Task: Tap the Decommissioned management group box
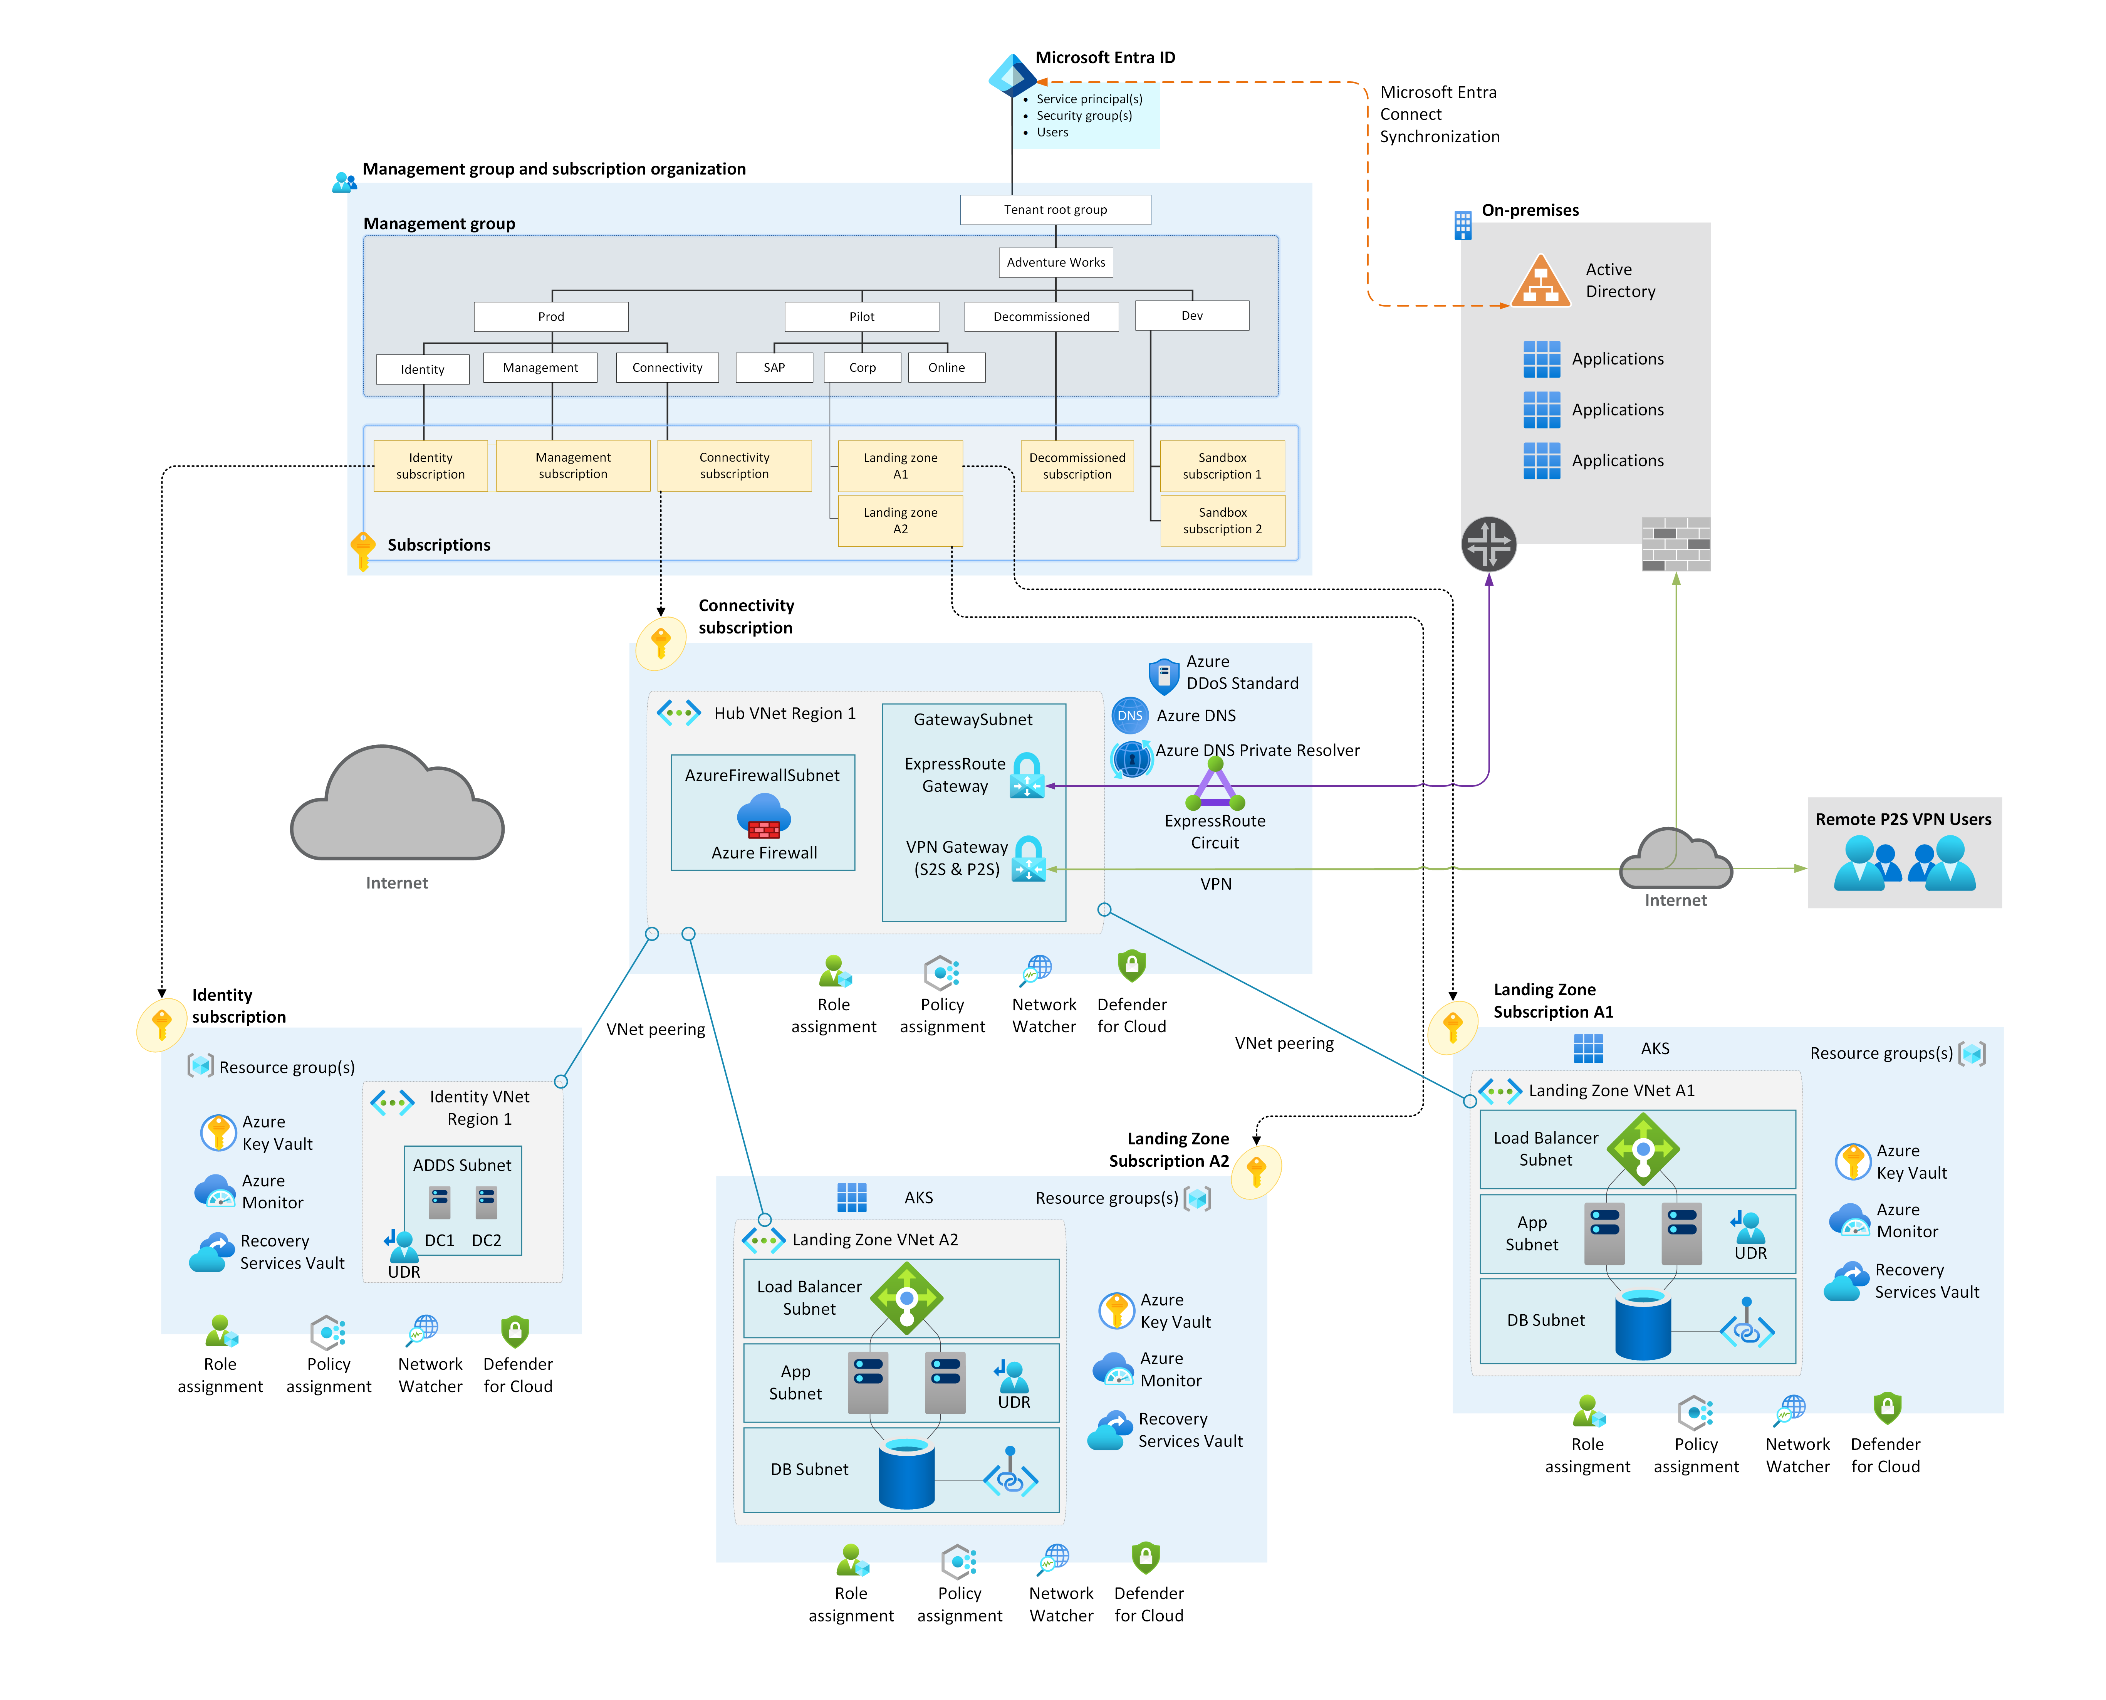tap(1041, 316)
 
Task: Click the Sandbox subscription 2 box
tap(1222, 520)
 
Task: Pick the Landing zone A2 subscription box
tap(900, 520)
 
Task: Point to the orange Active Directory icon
tap(1540, 281)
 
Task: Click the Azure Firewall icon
tap(764, 817)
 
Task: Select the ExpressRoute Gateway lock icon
tap(1027, 776)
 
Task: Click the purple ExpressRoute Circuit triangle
tap(1215, 786)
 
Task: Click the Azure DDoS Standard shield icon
tap(1163, 675)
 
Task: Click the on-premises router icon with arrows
tap(1488, 544)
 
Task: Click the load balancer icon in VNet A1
tap(1643, 1149)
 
